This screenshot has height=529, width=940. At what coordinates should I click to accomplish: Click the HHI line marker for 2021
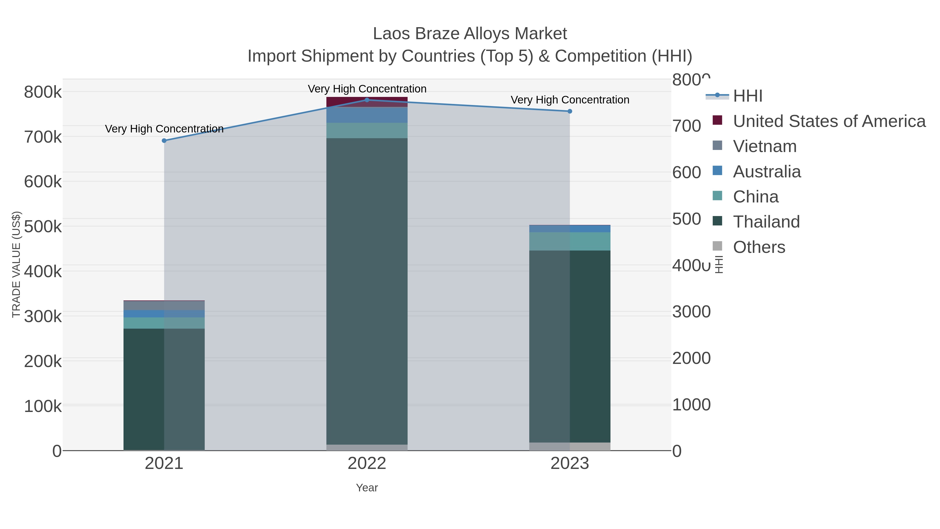tap(164, 141)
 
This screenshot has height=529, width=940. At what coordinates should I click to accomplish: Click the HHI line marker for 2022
tap(367, 100)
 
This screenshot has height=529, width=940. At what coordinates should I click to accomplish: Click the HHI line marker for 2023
tap(570, 111)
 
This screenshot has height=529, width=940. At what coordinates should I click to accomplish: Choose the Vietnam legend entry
tap(765, 146)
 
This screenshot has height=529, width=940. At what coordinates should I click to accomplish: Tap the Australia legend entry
tap(767, 172)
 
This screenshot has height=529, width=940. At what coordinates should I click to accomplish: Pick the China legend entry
tap(756, 197)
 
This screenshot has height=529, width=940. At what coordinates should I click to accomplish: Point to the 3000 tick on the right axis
tap(691, 312)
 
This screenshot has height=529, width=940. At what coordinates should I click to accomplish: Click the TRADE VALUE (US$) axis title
tap(16, 264)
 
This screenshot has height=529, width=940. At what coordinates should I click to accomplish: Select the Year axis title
tap(367, 488)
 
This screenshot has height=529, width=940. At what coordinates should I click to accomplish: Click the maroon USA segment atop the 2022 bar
tap(367, 102)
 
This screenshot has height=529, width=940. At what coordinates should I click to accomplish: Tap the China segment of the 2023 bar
tap(570, 241)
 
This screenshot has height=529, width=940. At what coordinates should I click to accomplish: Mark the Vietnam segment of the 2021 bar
tap(164, 306)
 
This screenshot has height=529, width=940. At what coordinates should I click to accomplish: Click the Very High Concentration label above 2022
tap(367, 89)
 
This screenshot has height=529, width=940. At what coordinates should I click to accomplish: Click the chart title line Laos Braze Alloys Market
tap(470, 34)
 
